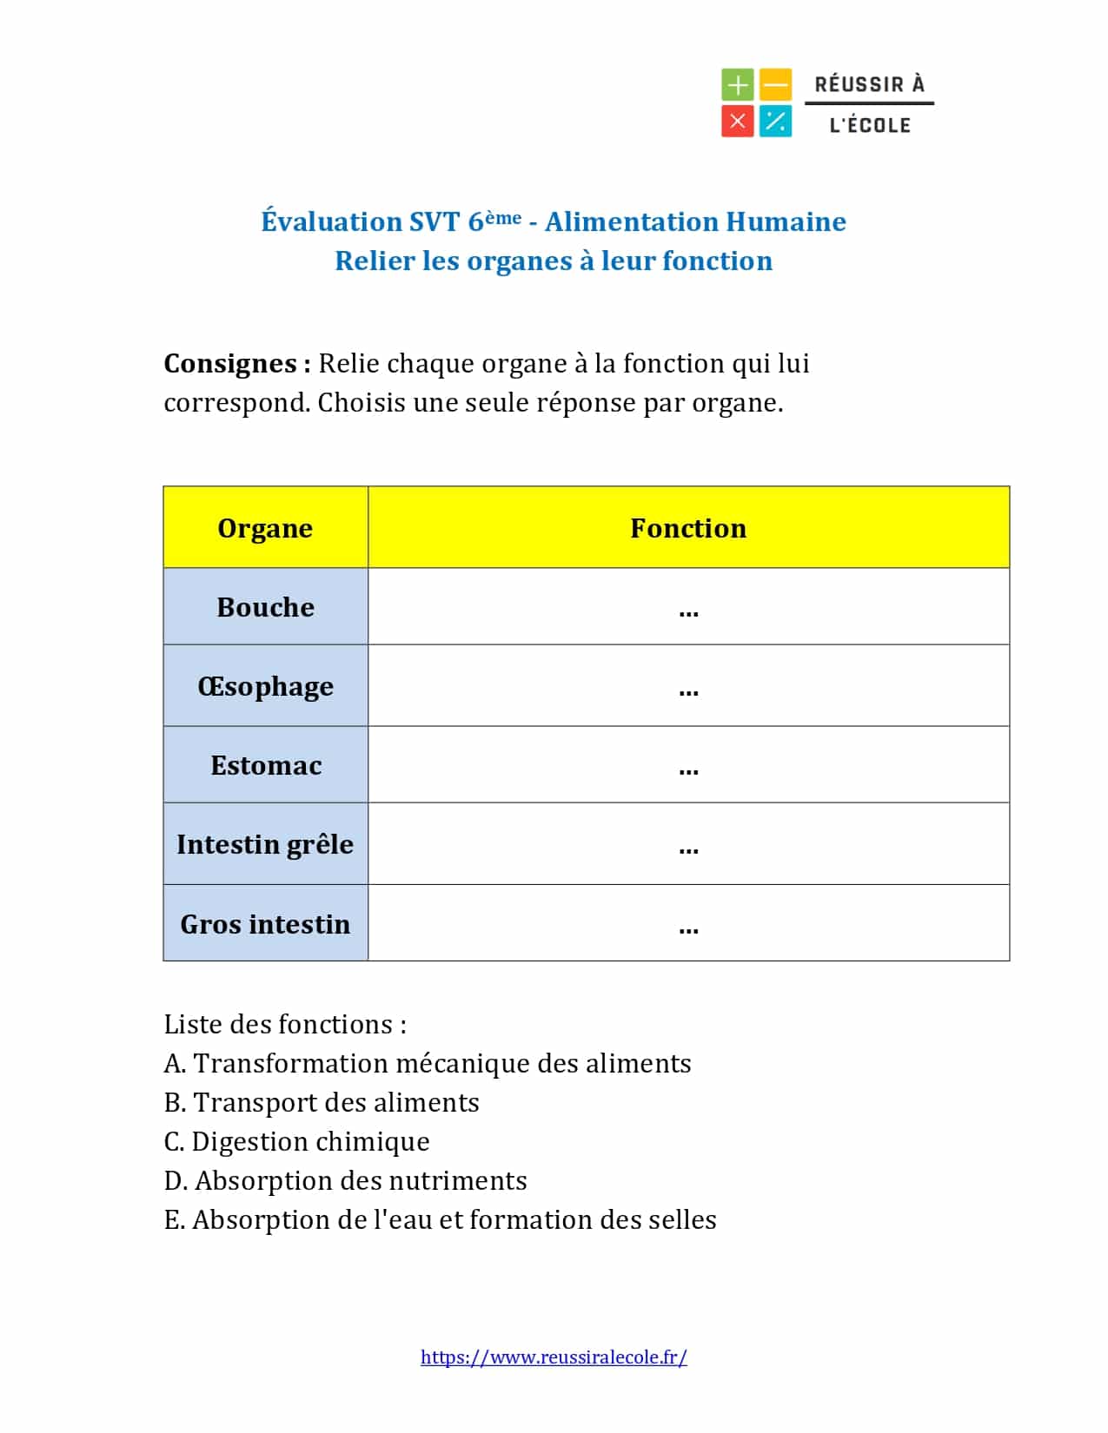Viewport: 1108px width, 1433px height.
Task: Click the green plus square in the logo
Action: (x=737, y=85)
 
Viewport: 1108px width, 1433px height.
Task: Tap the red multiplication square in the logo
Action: (x=737, y=122)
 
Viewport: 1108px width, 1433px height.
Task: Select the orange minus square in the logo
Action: (x=775, y=85)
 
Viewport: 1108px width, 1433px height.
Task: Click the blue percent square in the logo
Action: (x=775, y=122)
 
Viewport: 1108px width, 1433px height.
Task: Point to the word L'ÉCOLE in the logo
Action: (x=870, y=125)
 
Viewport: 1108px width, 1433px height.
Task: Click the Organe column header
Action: (x=265, y=528)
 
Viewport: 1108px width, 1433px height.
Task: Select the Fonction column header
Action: (x=688, y=528)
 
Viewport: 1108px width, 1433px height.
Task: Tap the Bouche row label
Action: (x=265, y=607)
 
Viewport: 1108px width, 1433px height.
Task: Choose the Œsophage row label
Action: (x=265, y=686)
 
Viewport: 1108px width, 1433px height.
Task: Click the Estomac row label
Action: (x=265, y=765)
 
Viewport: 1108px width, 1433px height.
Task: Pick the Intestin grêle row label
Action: (x=265, y=844)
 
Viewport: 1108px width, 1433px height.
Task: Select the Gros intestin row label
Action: (x=265, y=924)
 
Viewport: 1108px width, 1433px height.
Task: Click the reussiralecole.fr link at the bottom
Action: (x=554, y=1357)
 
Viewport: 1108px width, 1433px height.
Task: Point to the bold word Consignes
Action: (x=230, y=363)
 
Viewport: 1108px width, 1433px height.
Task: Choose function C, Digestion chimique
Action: (x=296, y=1141)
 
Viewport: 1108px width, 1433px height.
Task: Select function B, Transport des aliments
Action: (x=322, y=1102)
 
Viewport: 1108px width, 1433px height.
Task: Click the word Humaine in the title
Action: (x=786, y=221)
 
